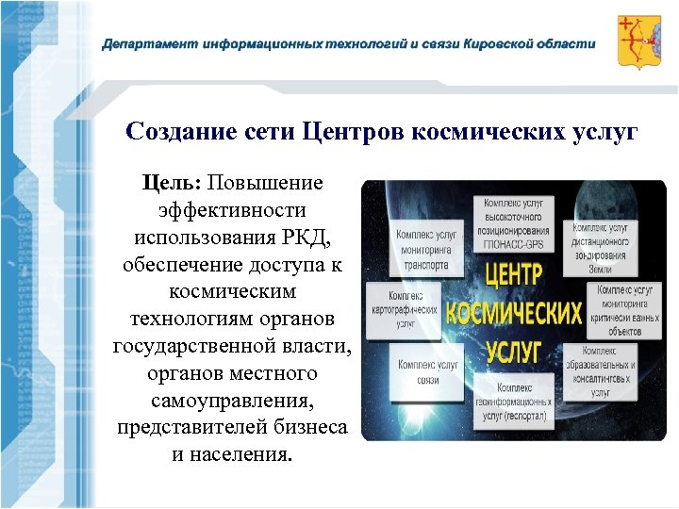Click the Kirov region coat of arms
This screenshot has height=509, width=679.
click(x=638, y=42)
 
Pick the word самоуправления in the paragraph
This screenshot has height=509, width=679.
click(x=231, y=402)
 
